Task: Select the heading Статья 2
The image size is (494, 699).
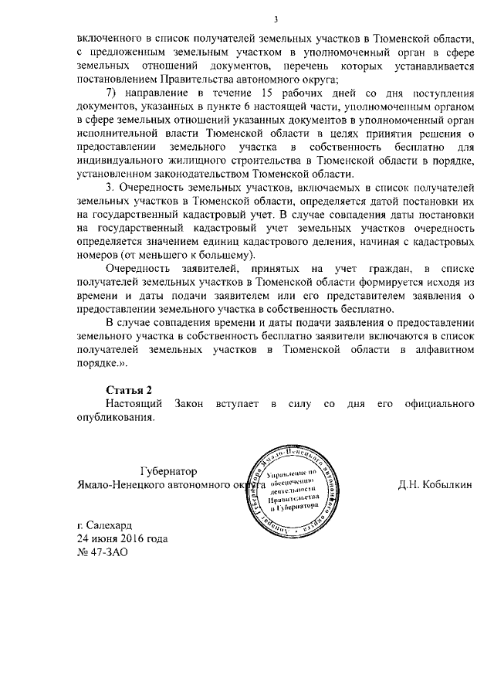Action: coord(128,389)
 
